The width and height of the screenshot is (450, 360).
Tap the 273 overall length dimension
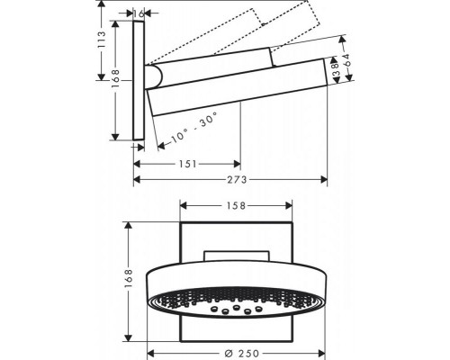point(231,180)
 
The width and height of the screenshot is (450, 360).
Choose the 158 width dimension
point(238,205)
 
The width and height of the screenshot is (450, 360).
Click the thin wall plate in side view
point(139,81)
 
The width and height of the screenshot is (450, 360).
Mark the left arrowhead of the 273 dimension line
point(137,180)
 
